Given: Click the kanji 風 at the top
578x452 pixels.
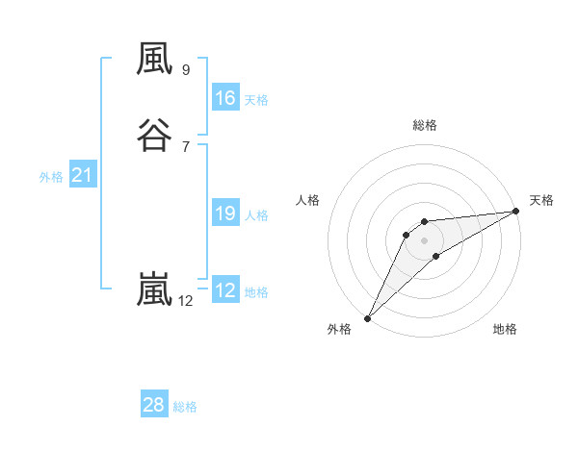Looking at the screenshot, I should point(154,60).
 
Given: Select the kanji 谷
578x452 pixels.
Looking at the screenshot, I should point(154,134).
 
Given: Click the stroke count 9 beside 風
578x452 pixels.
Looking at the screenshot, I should point(186,70).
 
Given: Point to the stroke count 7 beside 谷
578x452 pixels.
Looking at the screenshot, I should point(186,146).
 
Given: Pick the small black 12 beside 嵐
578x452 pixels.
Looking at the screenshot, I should point(185,301).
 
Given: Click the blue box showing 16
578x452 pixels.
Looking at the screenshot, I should point(225,98).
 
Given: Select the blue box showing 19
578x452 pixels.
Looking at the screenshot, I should point(225,213).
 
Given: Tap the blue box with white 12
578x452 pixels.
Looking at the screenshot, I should point(225,290).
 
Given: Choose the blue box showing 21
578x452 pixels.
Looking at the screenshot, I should point(82,175).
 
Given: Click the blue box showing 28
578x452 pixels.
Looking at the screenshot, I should point(154,405).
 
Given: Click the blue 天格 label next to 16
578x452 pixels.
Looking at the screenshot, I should point(256,100).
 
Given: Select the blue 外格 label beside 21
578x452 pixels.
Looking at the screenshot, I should point(51,177).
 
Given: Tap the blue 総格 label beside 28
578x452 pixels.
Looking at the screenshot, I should point(185,407).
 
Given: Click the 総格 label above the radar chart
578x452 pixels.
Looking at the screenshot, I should point(425,125).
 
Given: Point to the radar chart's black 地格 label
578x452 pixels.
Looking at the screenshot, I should point(505,329).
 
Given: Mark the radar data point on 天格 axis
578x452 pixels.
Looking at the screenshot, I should point(517,212).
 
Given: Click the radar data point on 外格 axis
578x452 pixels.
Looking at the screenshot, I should point(367,318).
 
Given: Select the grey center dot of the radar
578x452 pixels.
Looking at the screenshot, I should point(425,239).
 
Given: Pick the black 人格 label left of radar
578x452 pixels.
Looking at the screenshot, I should point(308,200).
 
